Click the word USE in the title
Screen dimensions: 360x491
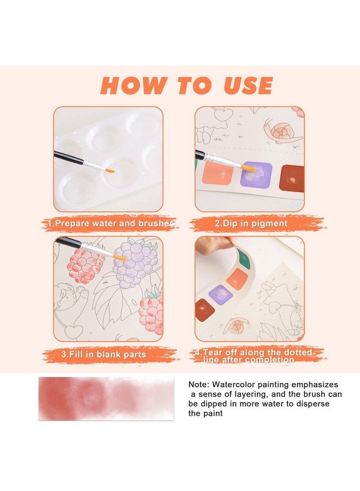248,85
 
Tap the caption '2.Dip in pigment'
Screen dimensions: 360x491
251,224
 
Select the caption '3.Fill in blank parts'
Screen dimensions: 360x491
104,355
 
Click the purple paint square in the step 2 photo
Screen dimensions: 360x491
256,175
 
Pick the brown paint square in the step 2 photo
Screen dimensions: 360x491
292,178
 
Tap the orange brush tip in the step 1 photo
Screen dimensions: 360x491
110,171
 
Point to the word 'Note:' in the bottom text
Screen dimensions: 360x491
199,385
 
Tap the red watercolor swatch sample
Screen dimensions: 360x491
106,399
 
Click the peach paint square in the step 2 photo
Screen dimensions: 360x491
218,173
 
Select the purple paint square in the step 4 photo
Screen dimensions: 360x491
221,295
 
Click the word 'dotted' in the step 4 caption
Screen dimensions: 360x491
298,352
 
